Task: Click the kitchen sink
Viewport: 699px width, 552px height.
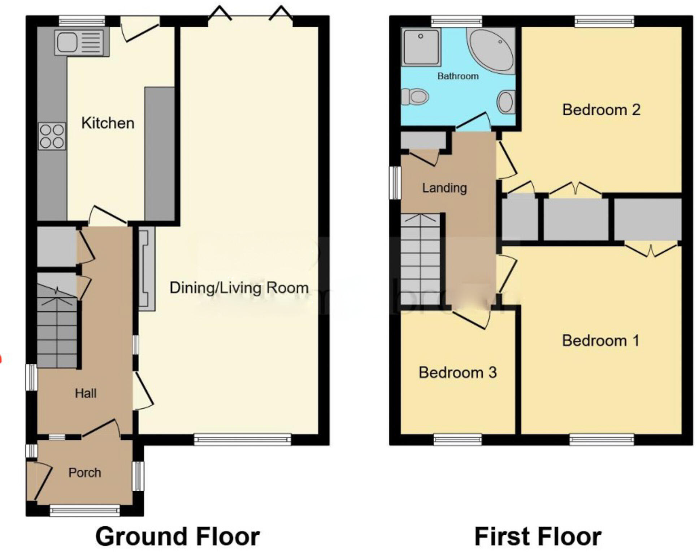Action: (x=81, y=42)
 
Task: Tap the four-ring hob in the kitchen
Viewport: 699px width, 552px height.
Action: (x=52, y=136)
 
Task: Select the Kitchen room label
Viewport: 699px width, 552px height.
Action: (x=108, y=123)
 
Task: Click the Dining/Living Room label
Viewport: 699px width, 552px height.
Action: (x=239, y=288)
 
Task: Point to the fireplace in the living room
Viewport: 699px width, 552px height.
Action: (x=147, y=269)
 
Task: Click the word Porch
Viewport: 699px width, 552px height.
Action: (x=85, y=473)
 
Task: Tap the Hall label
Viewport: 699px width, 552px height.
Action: (x=86, y=393)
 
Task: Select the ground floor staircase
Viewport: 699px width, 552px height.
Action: (x=57, y=325)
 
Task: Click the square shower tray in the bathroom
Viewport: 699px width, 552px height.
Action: (x=421, y=47)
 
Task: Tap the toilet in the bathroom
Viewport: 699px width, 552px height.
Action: (x=415, y=96)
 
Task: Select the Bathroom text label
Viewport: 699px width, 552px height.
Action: (x=458, y=76)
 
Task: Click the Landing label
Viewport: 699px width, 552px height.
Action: (x=444, y=188)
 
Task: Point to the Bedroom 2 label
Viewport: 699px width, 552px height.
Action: (x=601, y=110)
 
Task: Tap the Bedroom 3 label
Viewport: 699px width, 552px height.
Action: (x=457, y=372)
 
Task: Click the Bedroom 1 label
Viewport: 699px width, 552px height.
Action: (x=600, y=341)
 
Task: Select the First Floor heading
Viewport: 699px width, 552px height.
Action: (x=538, y=537)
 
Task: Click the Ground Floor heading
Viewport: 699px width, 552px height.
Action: (x=177, y=537)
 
